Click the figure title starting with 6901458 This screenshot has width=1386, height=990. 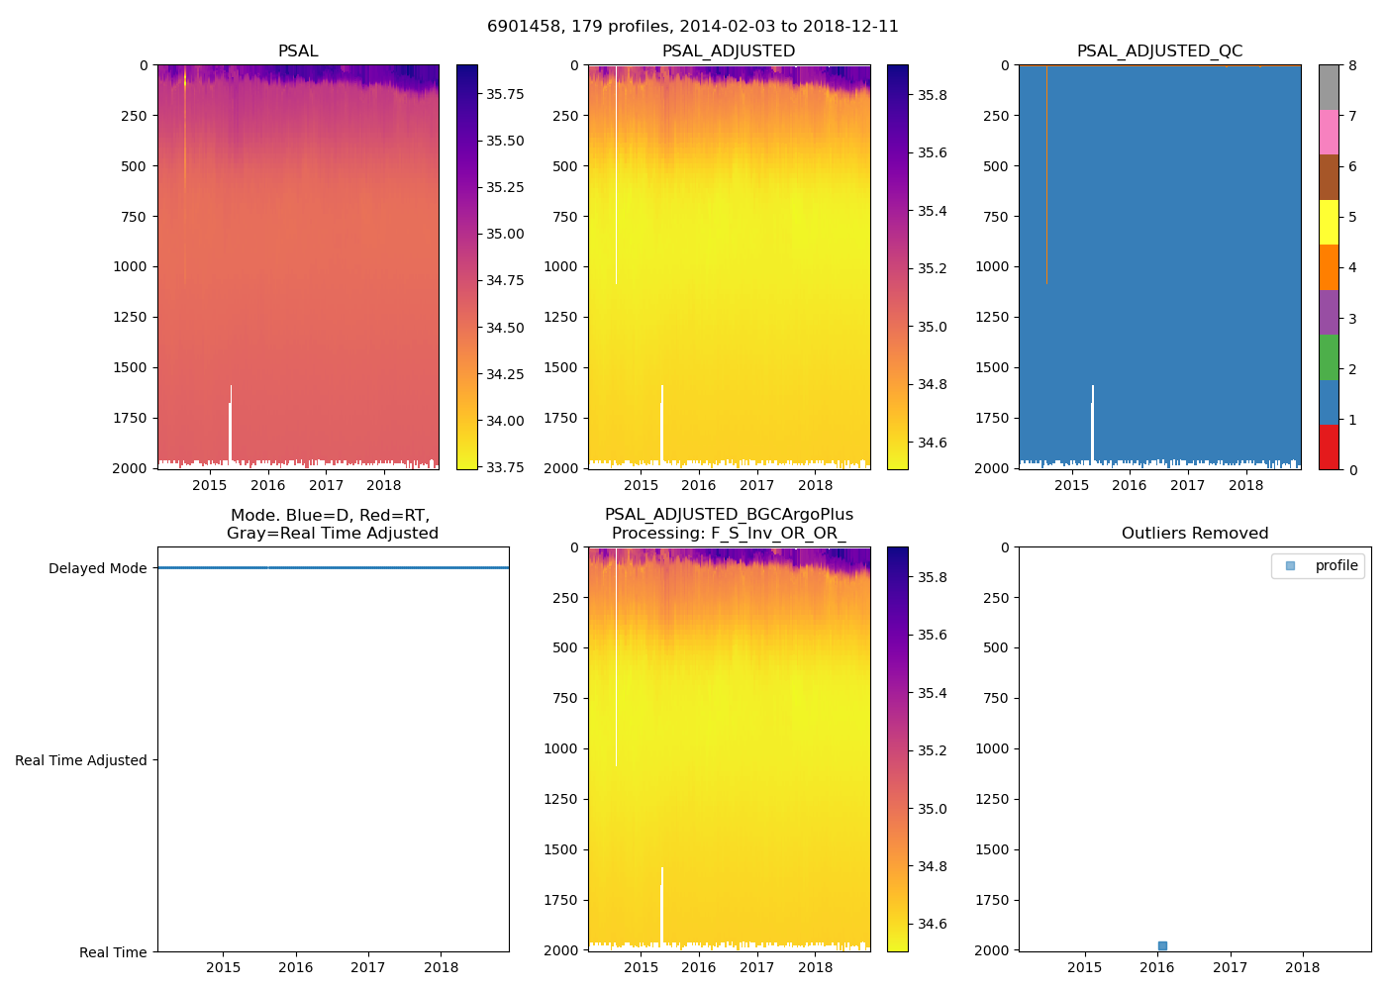[692, 27]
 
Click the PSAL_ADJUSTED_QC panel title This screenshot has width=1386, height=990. [1159, 51]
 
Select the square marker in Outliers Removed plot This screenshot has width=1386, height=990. [1162, 945]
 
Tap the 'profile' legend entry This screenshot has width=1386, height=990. [1336, 565]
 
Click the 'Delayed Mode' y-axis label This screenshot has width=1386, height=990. [97, 568]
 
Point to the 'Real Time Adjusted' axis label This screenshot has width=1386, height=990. [80, 760]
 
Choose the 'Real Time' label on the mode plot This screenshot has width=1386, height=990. [113, 952]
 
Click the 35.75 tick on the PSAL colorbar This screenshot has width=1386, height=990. [505, 94]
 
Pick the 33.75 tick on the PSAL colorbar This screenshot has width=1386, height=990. [505, 467]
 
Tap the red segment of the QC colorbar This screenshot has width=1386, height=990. [1329, 446]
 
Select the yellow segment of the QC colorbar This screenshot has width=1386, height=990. [1329, 222]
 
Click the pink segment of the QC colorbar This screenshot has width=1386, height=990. [1329, 132]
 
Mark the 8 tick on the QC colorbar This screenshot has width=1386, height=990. [1352, 65]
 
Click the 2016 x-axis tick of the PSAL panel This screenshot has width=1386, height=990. [267, 485]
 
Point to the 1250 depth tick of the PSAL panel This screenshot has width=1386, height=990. [130, 317]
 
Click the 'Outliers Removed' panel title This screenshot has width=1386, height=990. [1194, 534]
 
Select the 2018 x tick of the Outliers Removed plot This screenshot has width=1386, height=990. [1302, 967]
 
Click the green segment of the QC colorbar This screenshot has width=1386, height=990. [1329, 356]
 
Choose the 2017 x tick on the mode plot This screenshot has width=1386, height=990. [368, 967]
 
